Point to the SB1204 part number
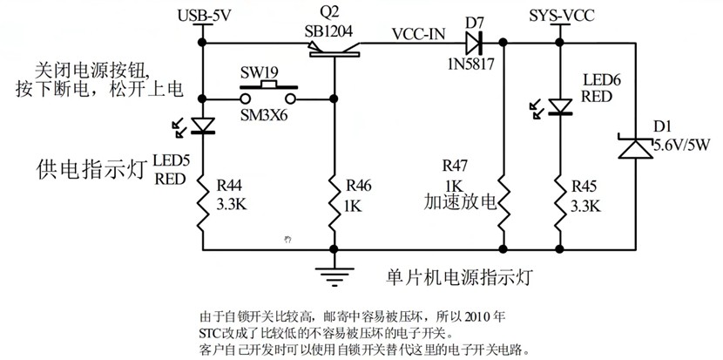[x=329, y=31]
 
